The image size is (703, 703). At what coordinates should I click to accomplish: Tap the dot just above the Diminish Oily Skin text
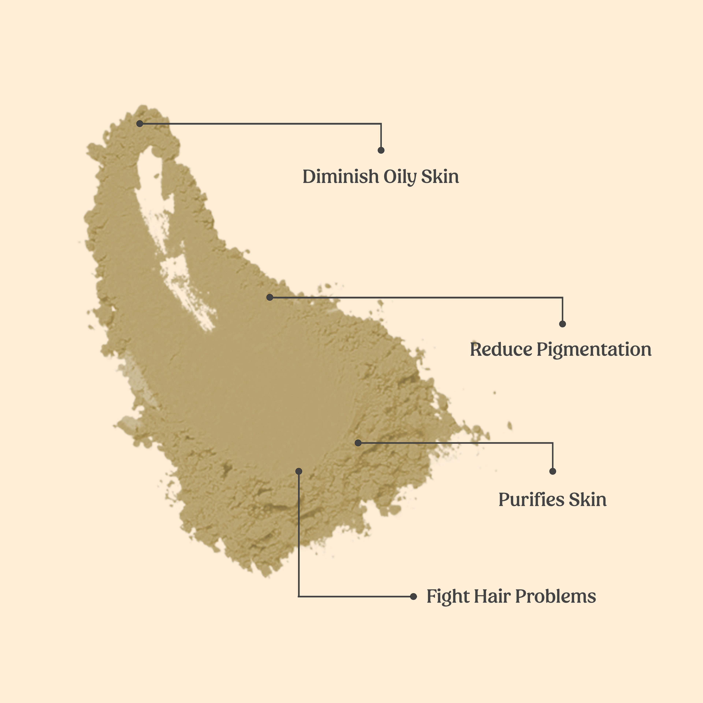coord(381,150)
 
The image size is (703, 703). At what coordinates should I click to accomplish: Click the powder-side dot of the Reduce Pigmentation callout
coord(270,297)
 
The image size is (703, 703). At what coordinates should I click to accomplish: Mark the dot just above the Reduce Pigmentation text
coord(563,324)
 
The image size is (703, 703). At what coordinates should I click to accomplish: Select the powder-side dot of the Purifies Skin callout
coord(358,443)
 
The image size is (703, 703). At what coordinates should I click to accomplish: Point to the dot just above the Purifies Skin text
coord(553,471)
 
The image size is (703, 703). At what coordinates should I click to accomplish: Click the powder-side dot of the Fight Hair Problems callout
coord(299,471)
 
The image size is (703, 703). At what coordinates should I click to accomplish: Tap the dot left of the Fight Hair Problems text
coord(413,596)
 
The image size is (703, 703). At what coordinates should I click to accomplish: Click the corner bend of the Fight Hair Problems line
coord(299,596)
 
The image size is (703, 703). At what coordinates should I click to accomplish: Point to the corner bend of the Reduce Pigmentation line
coord(563,298)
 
